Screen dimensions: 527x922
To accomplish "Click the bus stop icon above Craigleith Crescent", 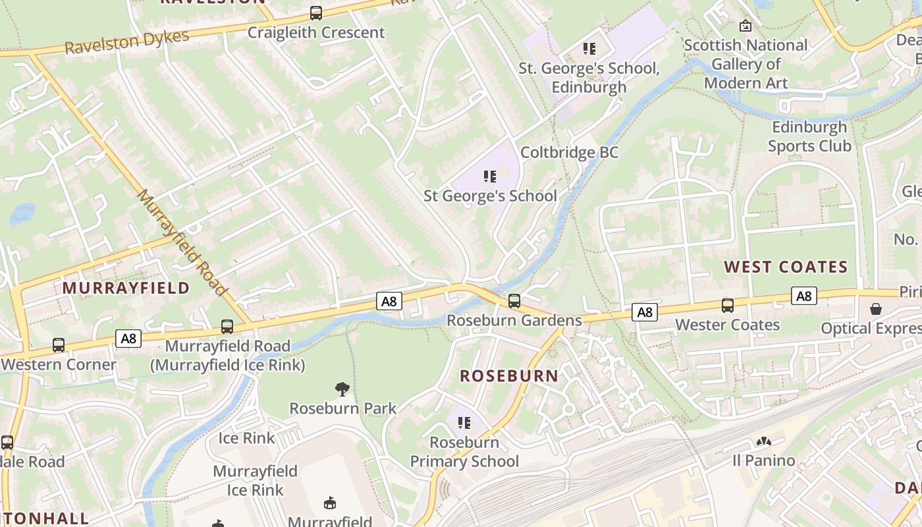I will point(316,13).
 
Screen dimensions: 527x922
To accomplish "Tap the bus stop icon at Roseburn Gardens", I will point(514,301).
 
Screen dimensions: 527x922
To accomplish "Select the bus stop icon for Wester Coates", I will point(728,306).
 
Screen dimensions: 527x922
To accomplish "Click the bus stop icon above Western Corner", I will point(59,345).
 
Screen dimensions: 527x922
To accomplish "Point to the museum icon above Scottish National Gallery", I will point(746,26).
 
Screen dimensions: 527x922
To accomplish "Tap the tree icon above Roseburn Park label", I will point(342,389).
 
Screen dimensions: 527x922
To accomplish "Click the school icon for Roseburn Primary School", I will point(464,422).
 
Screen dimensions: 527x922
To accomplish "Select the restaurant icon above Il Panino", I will point(764,441).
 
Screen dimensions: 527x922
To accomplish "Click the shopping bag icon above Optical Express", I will point(877,308).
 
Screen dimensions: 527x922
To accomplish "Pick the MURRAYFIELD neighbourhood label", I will point(126,288).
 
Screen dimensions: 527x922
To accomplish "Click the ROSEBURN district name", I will point(509,376).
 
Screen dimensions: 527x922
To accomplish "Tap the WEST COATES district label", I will point(786,267).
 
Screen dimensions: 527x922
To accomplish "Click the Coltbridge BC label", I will point(570,153).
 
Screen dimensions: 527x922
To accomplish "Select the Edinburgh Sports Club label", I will point(809,136).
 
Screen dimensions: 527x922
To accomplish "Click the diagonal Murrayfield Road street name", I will point(182,242).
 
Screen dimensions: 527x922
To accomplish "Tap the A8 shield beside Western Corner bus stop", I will point(128,339).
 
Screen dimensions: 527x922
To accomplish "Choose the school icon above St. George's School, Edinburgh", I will point(589,49).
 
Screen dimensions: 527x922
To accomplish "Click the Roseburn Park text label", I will point(343,408).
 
